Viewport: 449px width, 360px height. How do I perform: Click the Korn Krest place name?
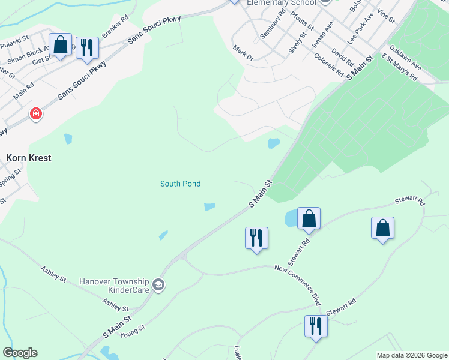(28, 158)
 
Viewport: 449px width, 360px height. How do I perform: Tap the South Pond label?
(180, 184)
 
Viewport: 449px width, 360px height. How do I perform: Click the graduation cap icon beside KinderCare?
(158, 284)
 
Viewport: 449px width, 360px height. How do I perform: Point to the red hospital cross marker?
(36, 113)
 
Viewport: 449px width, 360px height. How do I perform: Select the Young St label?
(133, 330)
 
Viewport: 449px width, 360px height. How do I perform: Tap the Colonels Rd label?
(329, 65)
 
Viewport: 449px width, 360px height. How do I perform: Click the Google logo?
(20, 353)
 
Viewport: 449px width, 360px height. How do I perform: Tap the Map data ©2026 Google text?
(411, 355)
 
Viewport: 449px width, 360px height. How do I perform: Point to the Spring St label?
(10, 178)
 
